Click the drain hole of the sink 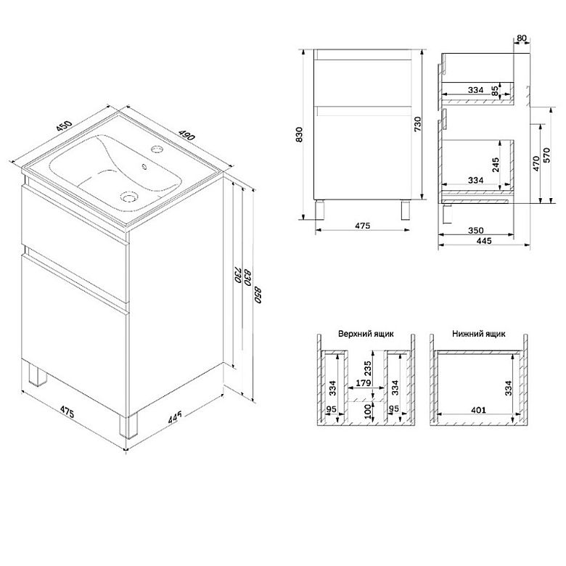coord(128,197)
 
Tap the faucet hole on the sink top coord(157,148)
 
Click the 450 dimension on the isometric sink coord(65,126)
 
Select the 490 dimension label coord(186,134)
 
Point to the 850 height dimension coord(258,294)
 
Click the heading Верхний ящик coord(366,334)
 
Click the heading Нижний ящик coord(479,334)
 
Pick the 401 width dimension coord(478,410)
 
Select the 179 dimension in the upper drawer coord(363,382)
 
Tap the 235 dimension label coord(367,369)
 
